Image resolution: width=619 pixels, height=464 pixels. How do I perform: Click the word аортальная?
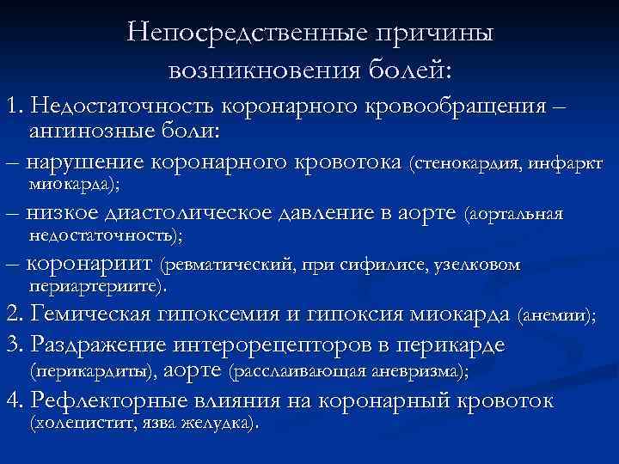click(x=514, y=214)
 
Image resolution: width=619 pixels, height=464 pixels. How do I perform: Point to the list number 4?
click(x=12, y=401)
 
